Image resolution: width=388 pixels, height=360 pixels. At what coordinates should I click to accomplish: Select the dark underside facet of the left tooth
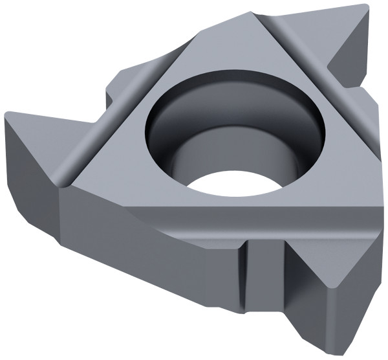[32, 155]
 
